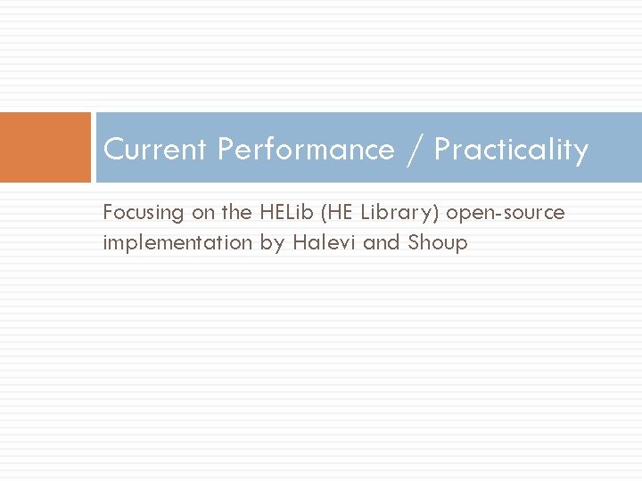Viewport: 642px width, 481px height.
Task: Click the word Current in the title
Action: click(x=157, y=150)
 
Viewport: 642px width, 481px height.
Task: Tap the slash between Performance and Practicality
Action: click(x=414, y=150)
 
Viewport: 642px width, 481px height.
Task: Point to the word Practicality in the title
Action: click(x=511, y=150)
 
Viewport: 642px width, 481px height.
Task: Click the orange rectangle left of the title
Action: click(x=45, y=147)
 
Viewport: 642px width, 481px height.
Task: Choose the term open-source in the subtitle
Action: click(x=506, y=214)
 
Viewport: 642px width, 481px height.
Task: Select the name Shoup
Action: click(x=438, y=243)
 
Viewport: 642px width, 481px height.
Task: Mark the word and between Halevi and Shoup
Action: click(x=382, y=242)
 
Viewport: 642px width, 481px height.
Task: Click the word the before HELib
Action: click(x=237, y=213)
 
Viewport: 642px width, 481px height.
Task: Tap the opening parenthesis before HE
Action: click(x=325, y=214)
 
